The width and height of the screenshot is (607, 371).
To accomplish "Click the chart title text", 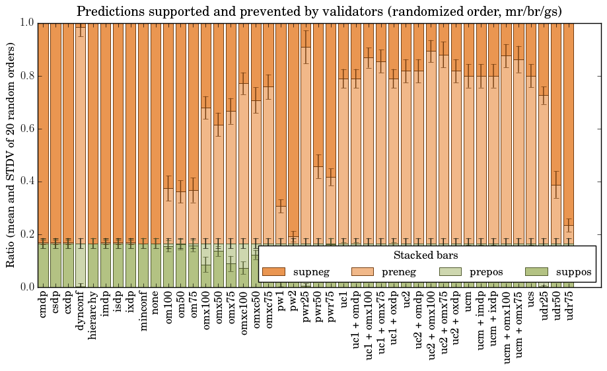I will [x=319, y=11].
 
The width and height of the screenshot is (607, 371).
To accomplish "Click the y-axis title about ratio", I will [x=11, y=154].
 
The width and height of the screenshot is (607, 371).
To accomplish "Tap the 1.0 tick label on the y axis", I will [x=27, y=23].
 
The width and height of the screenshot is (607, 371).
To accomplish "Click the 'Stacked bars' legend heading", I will [x=426, y=255].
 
